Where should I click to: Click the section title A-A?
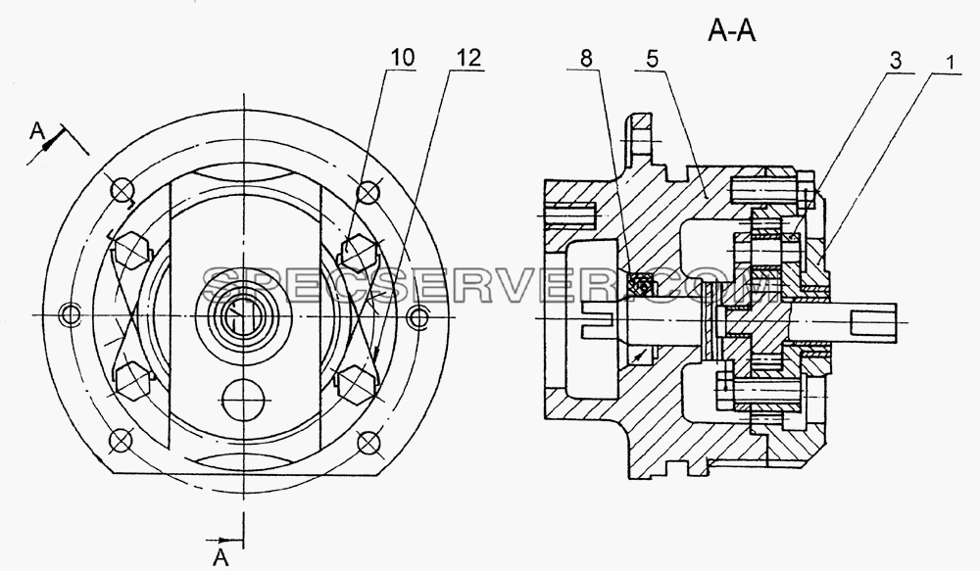click(x=732, y=30)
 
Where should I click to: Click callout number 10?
click(x=403, y=58)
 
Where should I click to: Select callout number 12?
click(x=468, y=58)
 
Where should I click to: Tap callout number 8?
click(x=586, y=58)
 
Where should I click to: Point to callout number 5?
click(x=653, y=60)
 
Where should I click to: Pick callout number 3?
click(x=895, y=61)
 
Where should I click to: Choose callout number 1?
click(x=950, y=63)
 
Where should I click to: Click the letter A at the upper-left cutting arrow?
click(x=38, y=130)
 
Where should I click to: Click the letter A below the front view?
click(x=220, y=556)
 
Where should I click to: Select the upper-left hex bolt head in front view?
click(x=131, y=250)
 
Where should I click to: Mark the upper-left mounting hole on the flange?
click(x=122, y=189)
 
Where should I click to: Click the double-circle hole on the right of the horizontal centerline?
click(x=416, y=316)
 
